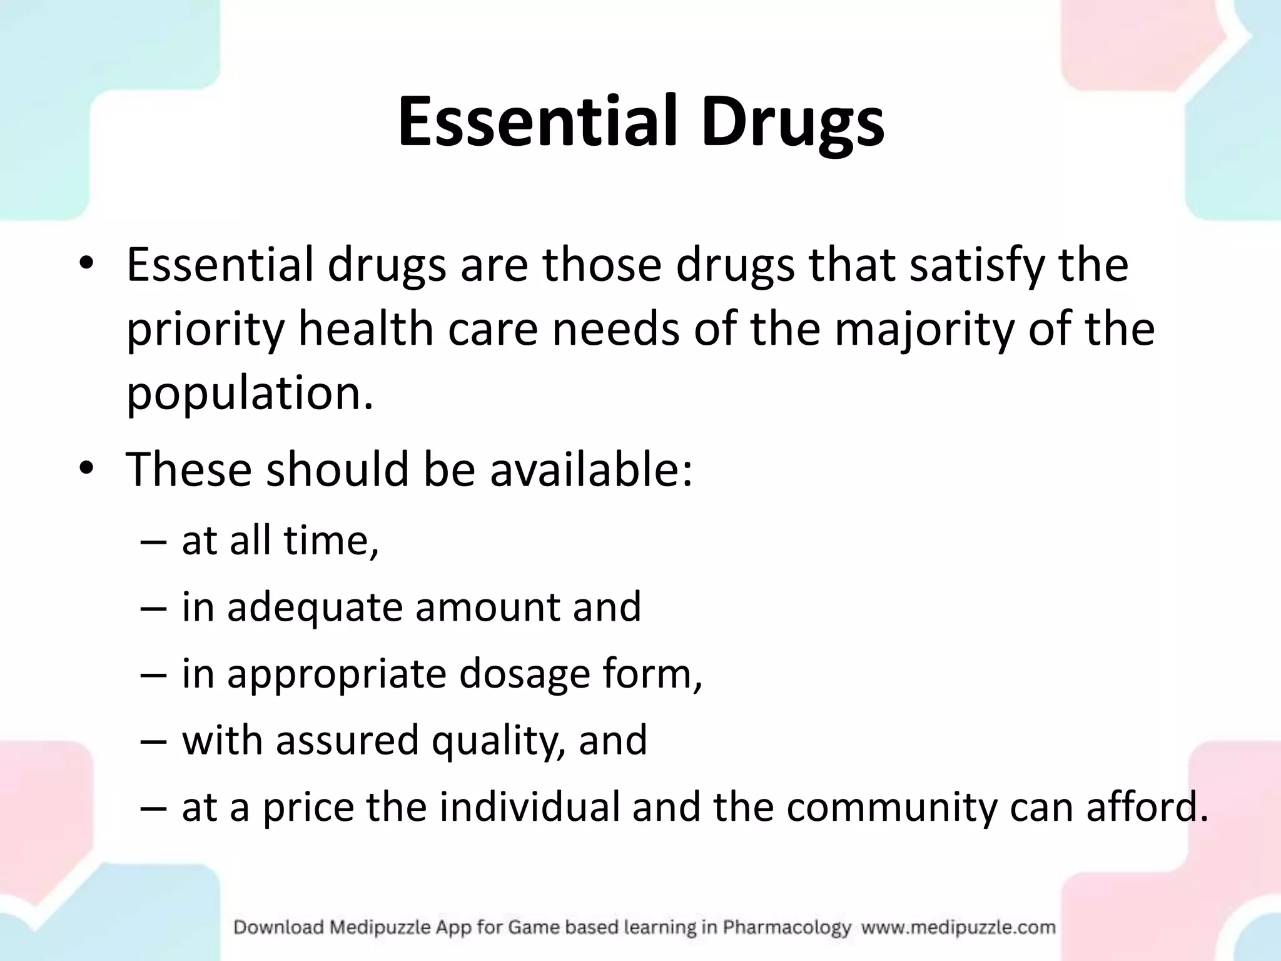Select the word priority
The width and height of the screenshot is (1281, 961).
[206, 331]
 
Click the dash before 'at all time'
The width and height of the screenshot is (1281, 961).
[154, 541]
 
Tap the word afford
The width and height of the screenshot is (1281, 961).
[1147, 807]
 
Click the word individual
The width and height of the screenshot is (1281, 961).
[529, 807]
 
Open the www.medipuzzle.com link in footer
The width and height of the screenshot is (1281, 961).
[958, 927]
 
